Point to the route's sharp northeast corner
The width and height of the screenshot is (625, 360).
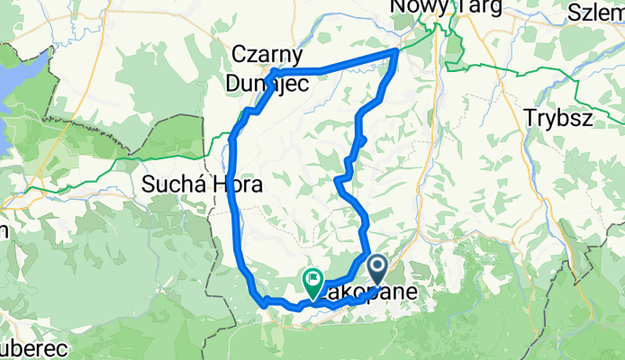(x=395, y=53)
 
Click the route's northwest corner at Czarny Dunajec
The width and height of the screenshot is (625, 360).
(x=273, y=71)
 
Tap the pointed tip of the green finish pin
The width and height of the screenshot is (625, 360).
(x=312, y=298)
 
